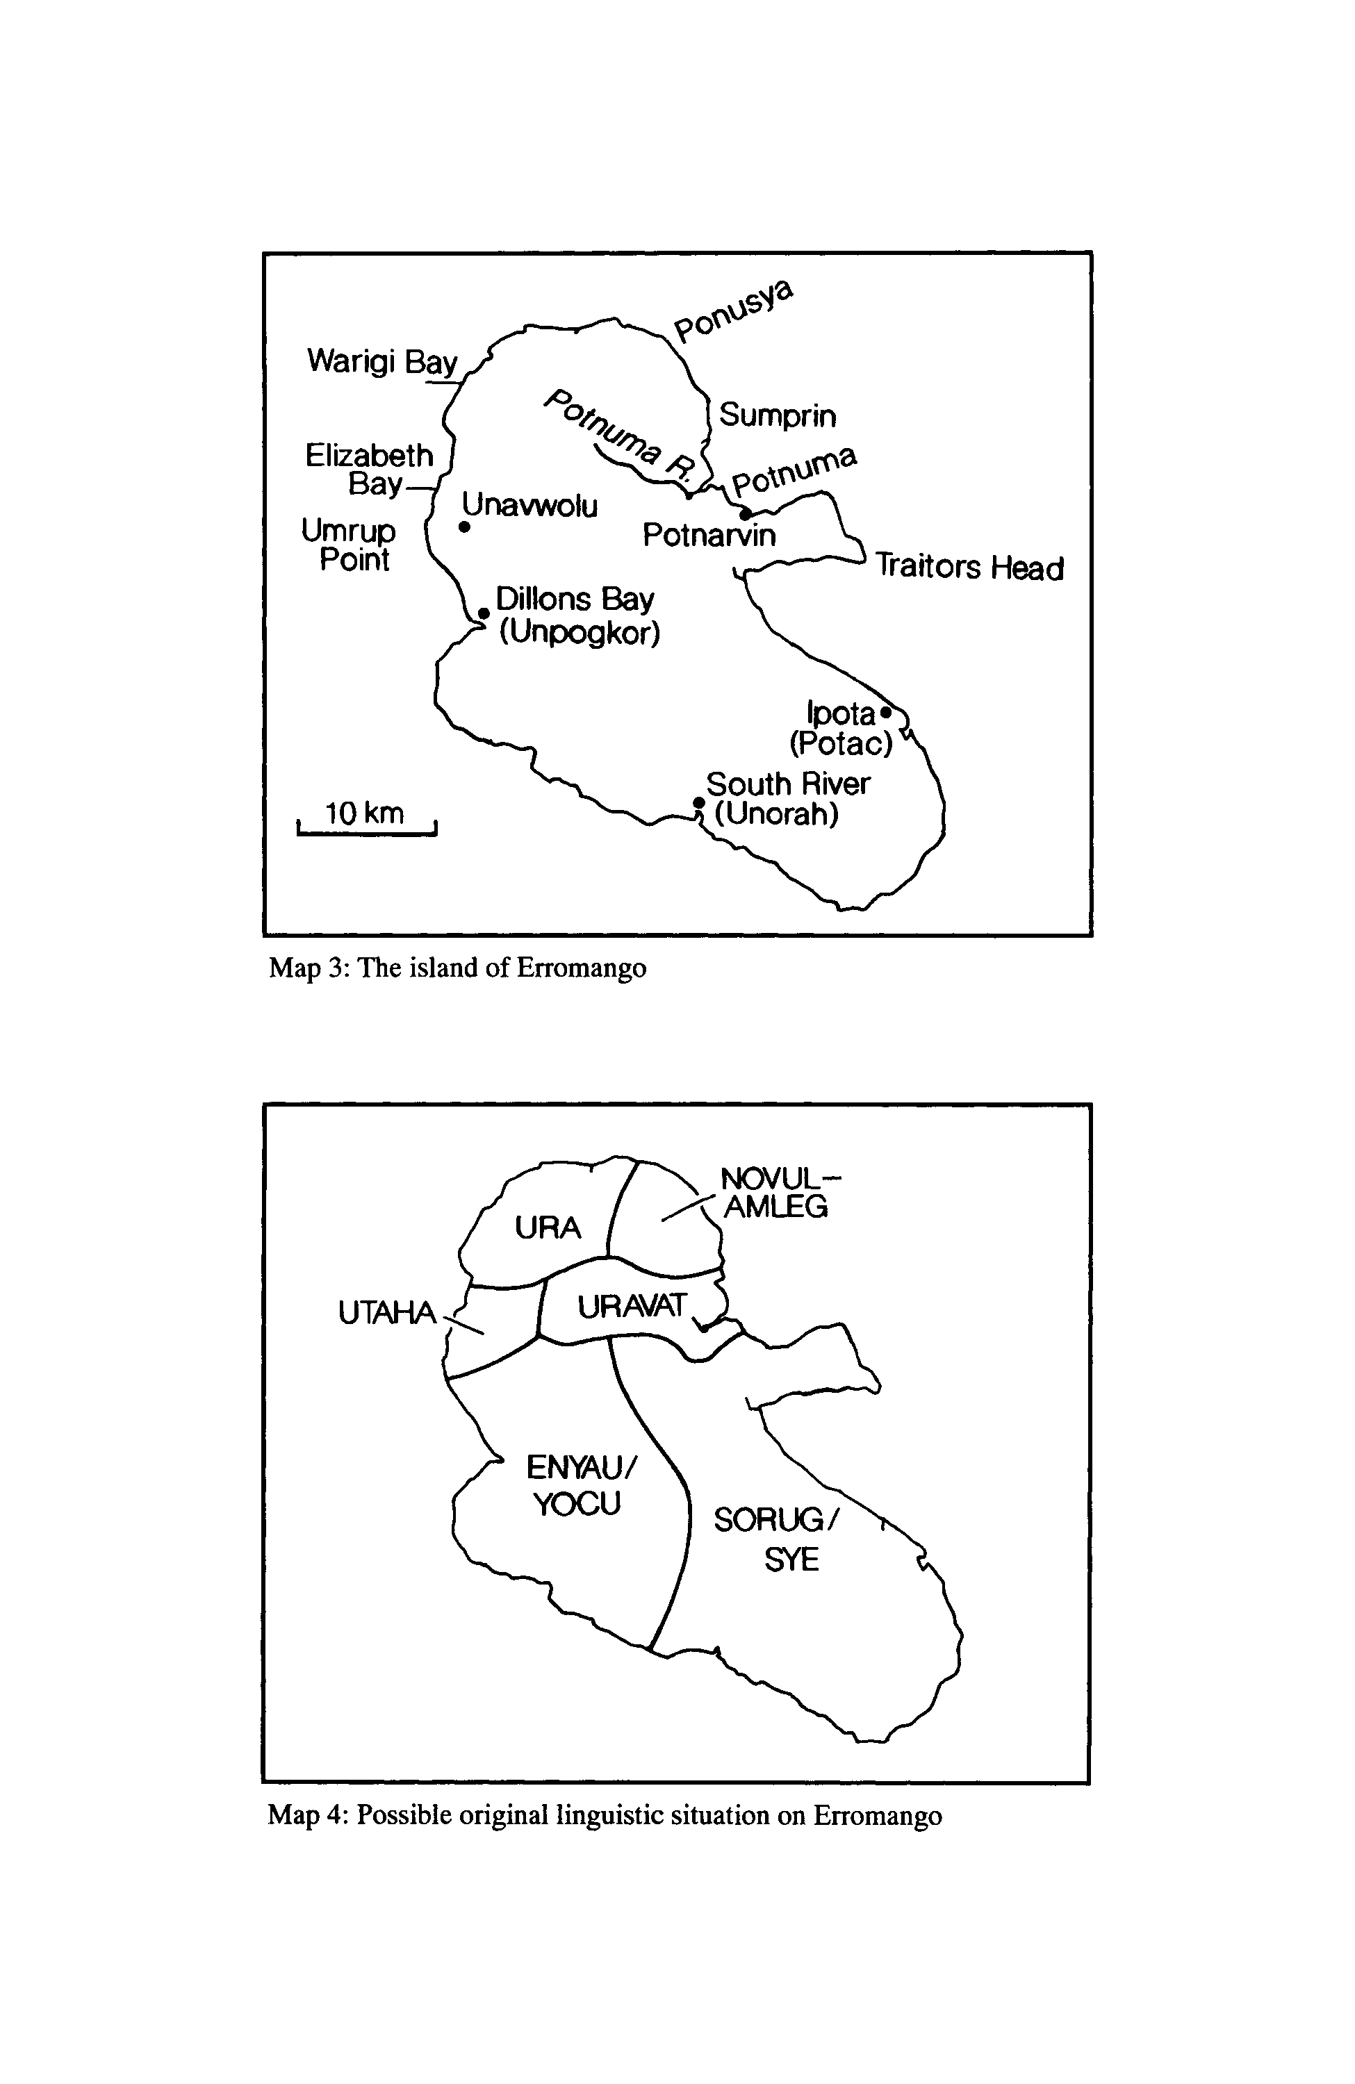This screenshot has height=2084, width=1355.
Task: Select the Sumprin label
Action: coord(778,415)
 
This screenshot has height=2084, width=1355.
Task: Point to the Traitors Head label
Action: coord(969,567)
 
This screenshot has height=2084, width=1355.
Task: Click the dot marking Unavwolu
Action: coord(464,527)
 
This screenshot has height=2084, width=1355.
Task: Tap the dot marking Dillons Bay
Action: coord(484,613)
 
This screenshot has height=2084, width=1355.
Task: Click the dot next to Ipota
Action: coord(885,713)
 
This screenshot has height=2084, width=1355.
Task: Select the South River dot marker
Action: coord(698,802)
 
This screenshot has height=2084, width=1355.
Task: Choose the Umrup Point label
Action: coord(350,545)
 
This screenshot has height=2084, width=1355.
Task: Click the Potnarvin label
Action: coord(709,535)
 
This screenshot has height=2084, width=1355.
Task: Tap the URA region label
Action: coord(548,1228)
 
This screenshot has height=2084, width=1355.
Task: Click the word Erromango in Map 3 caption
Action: coord(582,968)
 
